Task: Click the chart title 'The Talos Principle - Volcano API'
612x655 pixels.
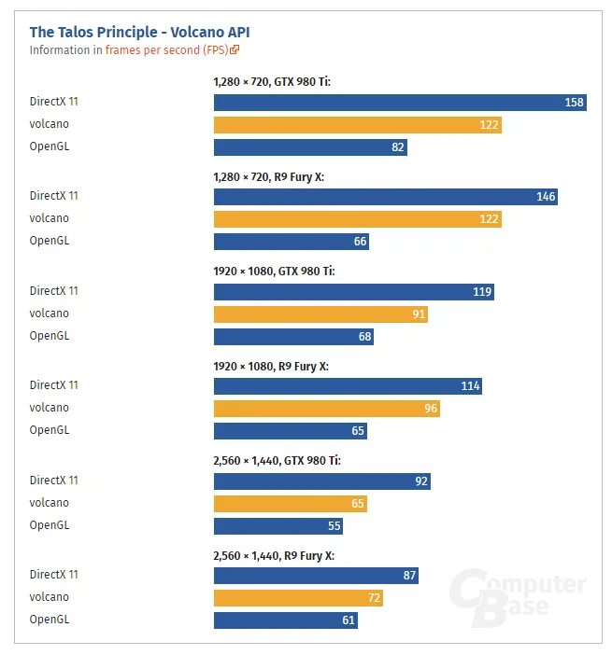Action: tap(139, 32)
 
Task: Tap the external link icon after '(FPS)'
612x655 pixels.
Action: tap(235, 50)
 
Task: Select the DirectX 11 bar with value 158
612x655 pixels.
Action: tap(400, 103)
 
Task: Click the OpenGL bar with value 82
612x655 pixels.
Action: tap(310, 147)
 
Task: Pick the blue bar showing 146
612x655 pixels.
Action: tap(385, 197)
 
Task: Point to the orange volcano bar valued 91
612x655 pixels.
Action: tap(320, 314)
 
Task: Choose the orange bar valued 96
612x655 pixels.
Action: tap(326, 409)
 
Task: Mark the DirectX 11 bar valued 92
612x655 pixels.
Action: tap(321, 481)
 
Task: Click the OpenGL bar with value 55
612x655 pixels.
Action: tap(278, 526)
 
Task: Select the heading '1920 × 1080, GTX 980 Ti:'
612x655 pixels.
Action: tap(274, 271)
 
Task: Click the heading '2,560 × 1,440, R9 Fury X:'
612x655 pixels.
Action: tap(274, 555)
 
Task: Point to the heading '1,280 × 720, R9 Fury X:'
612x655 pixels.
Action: tap(268, 176)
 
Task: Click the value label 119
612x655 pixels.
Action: tap(482, 292)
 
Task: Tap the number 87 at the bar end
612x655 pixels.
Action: tap(409, 576)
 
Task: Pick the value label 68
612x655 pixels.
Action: tap(364, 337)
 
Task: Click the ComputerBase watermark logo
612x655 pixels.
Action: tap(517, 593)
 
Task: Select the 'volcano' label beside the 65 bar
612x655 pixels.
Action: tap(49, 503)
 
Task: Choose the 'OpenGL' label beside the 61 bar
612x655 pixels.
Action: tap(49, 619)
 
